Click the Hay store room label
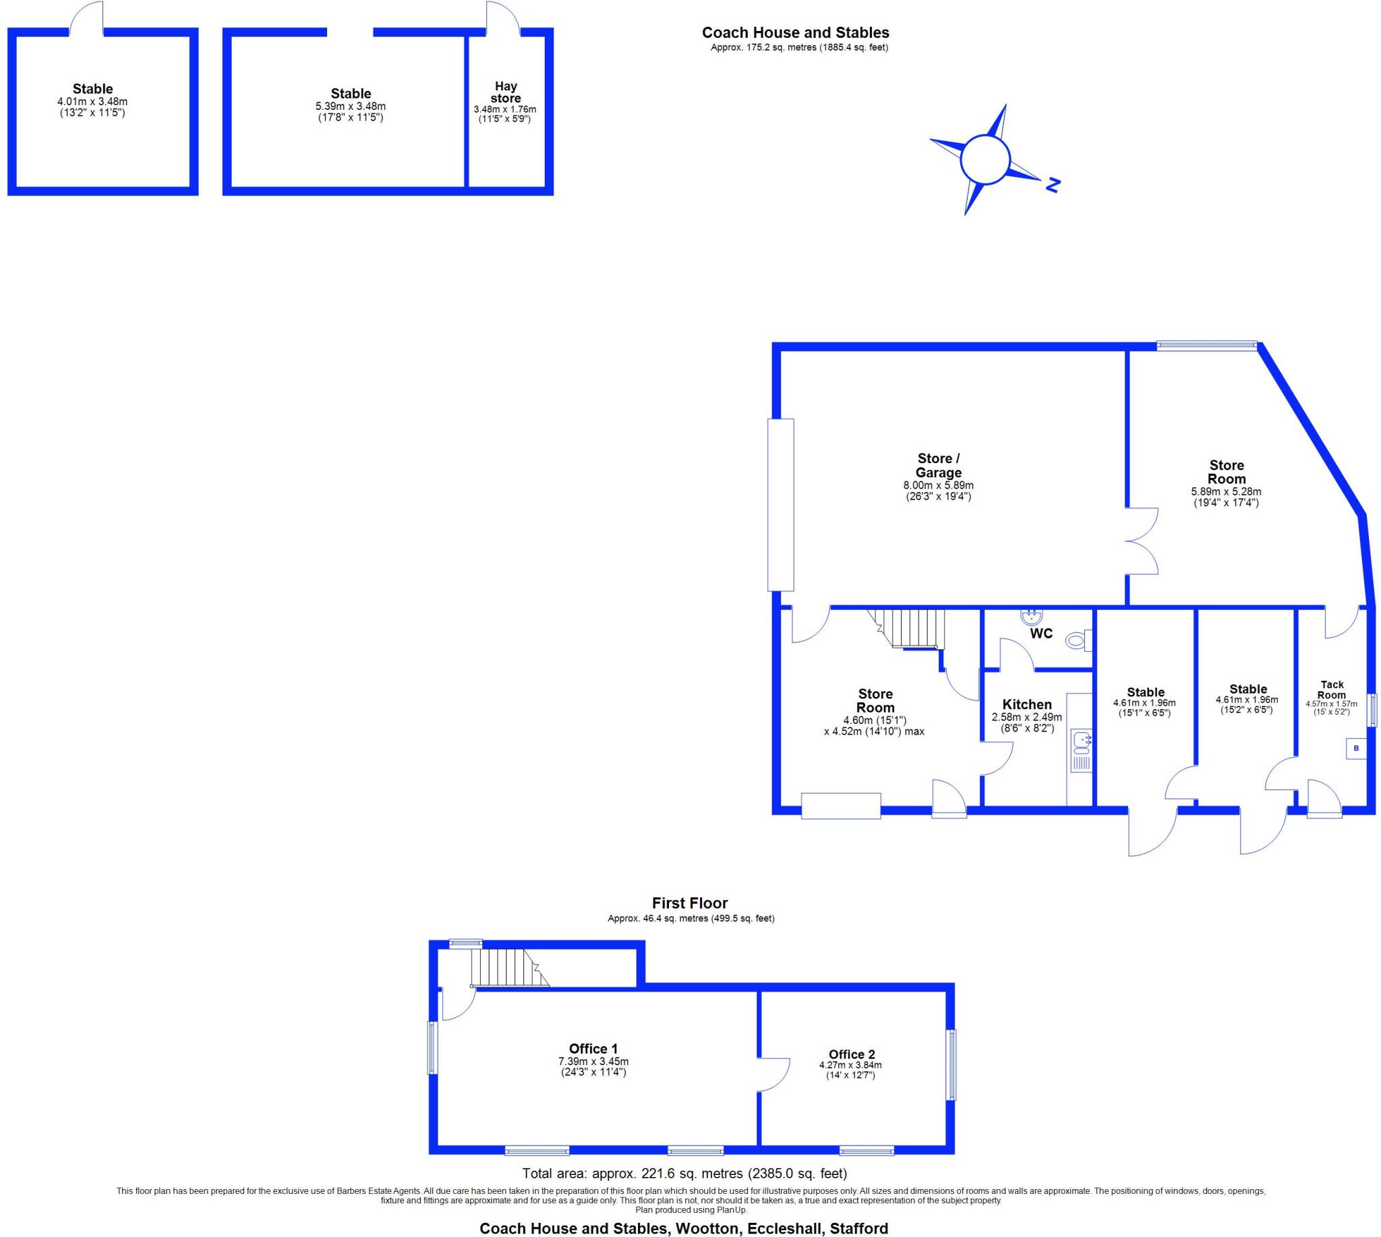click(x=505, y=92)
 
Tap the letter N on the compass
click(x=1053, y=185)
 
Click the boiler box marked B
click(x=1356, y=748)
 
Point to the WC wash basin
click(x=1032, y=617)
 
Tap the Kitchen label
click(x=1027, y=704)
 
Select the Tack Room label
click(x=1332, y=690)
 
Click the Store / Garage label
click(x=939, y=466)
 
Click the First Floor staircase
click(x=509, y=968)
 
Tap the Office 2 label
click(x=851, y=1054)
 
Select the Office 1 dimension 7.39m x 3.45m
click(x=593, y=1061)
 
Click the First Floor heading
click(x=689, y=903)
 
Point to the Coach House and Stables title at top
click(x=795, y=32)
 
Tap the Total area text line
click(x=684, y=1173)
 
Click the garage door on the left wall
click(x=780, y=504)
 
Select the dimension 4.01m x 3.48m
click(x=92, y=102)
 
